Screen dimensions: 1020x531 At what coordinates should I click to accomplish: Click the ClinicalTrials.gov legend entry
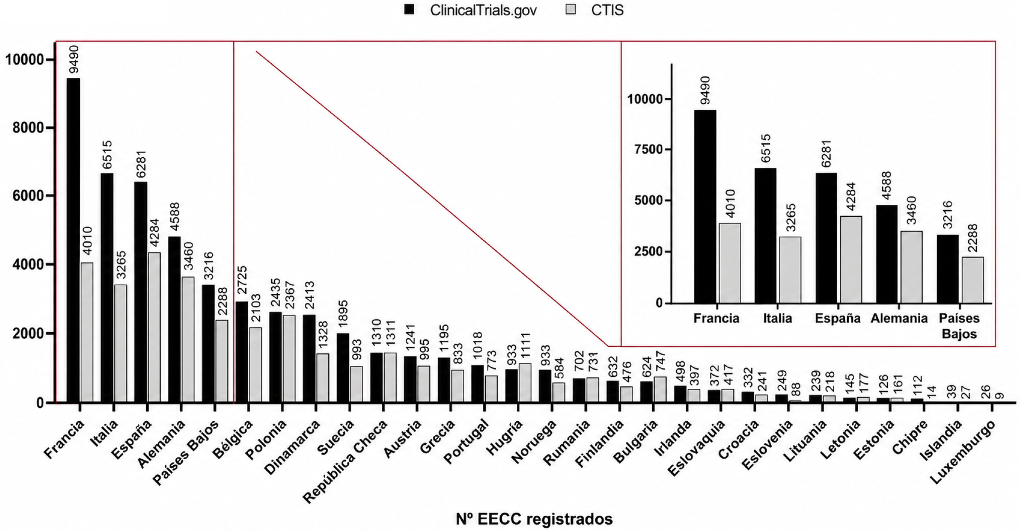coord(470,10)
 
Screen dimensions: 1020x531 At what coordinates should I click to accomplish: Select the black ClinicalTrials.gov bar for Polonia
coord(275,357)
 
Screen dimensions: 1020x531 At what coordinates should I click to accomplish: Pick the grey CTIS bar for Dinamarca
coord(322,378)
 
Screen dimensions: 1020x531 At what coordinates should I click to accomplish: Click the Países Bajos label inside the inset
coord(959,326)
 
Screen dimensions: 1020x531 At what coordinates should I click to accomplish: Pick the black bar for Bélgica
coord(241,352)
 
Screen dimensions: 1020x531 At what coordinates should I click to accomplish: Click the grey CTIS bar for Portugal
coord(491,389)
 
